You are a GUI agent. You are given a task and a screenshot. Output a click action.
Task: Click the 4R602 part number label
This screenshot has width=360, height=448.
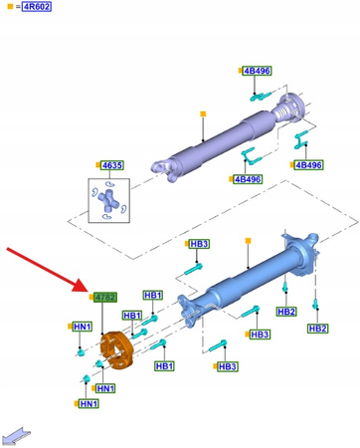36,6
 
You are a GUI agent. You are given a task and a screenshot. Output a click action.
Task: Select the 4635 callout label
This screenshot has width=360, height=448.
111,165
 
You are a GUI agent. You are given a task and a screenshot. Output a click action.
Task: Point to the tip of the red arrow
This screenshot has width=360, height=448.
90,289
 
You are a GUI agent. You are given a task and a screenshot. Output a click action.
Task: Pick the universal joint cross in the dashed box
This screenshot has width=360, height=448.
111,202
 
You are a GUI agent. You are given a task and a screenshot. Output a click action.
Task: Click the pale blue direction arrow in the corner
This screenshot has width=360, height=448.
18,434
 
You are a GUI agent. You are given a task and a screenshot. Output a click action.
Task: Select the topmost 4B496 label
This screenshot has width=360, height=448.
258,72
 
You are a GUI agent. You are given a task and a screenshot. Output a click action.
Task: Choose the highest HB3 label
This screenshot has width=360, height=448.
199,244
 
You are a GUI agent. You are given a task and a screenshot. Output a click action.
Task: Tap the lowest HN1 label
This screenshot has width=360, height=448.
89,403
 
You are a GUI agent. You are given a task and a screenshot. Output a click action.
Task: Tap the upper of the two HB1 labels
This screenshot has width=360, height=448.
153,296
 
